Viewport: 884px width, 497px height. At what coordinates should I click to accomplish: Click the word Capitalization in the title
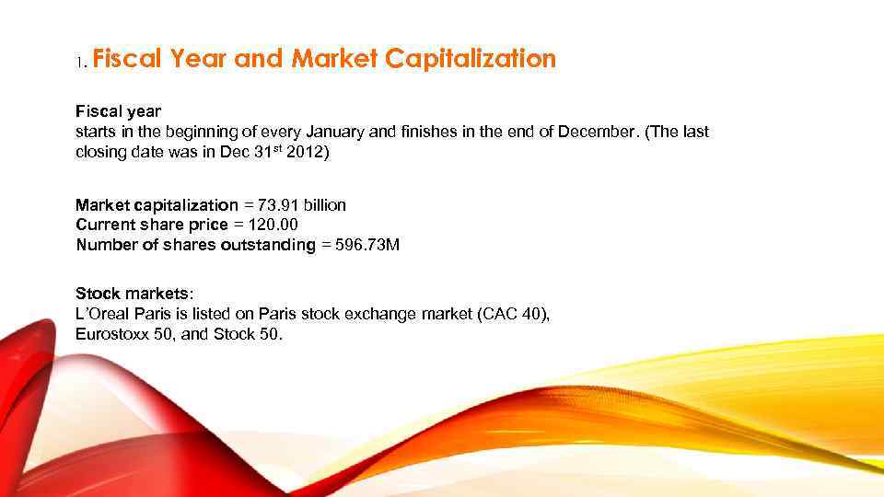pyautogui.click(x=471, y=60)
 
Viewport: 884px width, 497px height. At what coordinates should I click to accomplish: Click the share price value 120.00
pyautogui.click(x=268, y=225)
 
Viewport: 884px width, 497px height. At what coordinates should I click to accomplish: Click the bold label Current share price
pyautogui.click(x=151, y=225)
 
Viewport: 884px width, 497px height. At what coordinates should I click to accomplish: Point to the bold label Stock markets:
pyautogui.click(x=134, y=295)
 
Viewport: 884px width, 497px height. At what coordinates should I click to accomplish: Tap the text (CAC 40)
pyautogui.click(x=514, y=315)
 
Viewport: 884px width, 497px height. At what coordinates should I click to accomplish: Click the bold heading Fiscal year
pyautogui.click(x=118, y=112)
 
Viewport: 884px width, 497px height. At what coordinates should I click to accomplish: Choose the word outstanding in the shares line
pyautogui.click(x=268, y=245)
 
